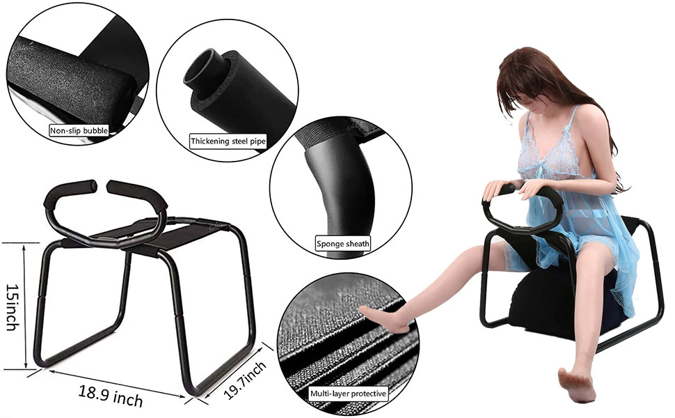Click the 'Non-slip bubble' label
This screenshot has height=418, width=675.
tap(79, 130)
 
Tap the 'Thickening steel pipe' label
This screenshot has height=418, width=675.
tap(228, 141)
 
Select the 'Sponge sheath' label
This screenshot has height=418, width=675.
tap(343, 244)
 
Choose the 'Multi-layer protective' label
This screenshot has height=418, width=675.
tap(347, 394)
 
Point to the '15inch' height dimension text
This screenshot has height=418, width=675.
tap(12, 307)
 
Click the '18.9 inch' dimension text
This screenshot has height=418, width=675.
tap(111, 395)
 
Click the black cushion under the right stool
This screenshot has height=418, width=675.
tap(550, 307)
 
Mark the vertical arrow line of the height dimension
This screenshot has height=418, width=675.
tap(26, 307)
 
